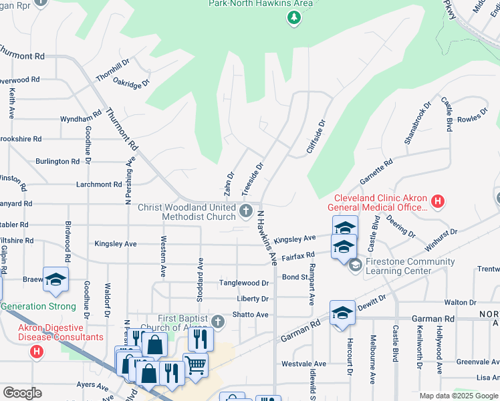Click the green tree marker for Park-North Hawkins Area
(x=293, y=18)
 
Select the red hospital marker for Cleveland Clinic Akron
(x=438, y=200)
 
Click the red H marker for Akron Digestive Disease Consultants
(x=37, y=351)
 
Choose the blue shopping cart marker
(x=195, y=364)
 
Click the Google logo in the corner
(x=22, y=393)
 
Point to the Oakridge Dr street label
(x=131, y=85)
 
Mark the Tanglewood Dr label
(x=244, y=283)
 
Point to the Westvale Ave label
(x=303, y=364)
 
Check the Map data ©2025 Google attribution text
(x=458, y=396)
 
